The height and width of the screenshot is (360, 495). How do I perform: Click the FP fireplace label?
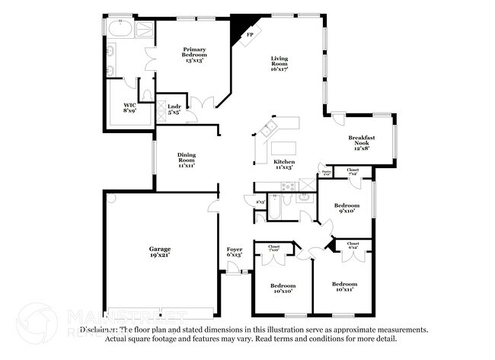tap(249, 35)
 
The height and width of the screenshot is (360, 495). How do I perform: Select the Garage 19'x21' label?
tap(159, 252)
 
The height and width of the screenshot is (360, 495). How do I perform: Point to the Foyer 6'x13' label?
tap(235, 252)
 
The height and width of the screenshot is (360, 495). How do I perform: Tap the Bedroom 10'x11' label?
tap(344, 286)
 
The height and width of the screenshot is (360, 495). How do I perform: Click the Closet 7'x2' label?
tap(353, 172)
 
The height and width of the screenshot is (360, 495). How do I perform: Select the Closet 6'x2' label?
tap(353, 245)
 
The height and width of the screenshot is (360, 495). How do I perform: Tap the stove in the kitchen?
tap(288, 186)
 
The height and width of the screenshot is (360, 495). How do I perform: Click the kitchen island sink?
tap(268, 130)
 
